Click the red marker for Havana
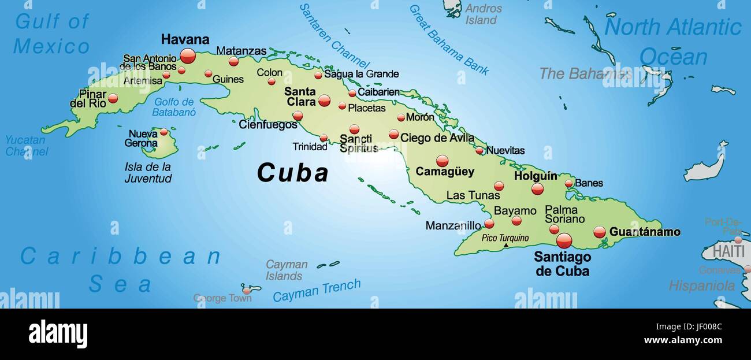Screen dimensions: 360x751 pyautogui.click(x=188, y=55)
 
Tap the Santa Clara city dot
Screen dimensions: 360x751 pyautogui.click(x=325, y=101)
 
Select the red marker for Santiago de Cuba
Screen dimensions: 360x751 pyautogui.click(x=564, y=240)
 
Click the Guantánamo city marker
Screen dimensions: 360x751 pyautogui.click(x=600, y=232)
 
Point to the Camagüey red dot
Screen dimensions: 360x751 pyautogui.click(x=442, y=161)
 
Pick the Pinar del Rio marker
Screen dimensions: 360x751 pyautogui.click(x=113, y=98)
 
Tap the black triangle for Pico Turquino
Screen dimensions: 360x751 pyautogui.click(x=506, y=245)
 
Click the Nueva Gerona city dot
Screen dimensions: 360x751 pyautogui.click(x=164, y=132)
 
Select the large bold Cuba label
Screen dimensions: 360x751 pyautogui.click(x=292, y=173)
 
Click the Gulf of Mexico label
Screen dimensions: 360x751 pyautogui.click(x=51, y=34)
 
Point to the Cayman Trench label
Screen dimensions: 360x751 pyautogui.click(x=317, y=290)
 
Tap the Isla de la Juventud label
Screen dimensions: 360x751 pyautogui.click(x=148, y=172)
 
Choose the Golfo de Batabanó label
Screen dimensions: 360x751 pyautogui.click(x=174, y=107)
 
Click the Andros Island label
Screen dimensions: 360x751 pyautogui.click(x=484, y=14)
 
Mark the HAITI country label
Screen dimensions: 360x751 pyautogui.click(x=728, y=251)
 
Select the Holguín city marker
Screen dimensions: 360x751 pyautogui.click(x=537, y=188)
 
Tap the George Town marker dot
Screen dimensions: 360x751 pyautogui.click(x=247, y=290)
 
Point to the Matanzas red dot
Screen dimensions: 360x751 pyautogui.click(x=233, y=61)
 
